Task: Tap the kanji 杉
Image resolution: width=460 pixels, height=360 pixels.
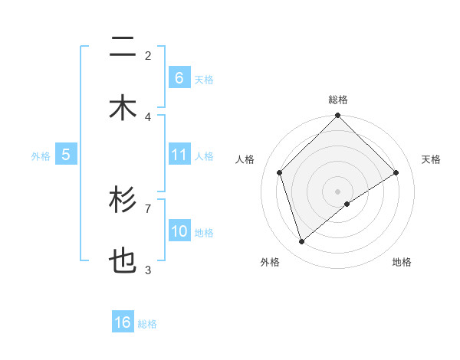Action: (x=123, y=201)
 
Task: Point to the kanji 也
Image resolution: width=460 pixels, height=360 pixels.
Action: (x=123, y=262)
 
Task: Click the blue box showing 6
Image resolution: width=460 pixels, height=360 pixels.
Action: (x=179, y=77)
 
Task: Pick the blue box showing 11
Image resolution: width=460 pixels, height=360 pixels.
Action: (x=179, y=155)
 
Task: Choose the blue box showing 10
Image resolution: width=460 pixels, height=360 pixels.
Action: (x=179, y=231)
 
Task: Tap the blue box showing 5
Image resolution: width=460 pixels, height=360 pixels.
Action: (x=66, y=155)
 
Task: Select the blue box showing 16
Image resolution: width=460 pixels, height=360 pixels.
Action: (x=123, y=322)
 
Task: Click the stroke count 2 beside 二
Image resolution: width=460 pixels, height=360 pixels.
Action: (x=148, y=55)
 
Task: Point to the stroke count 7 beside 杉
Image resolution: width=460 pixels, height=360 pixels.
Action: (x=148, y=208)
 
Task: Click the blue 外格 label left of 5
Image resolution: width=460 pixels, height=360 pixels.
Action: (x=41, y=155)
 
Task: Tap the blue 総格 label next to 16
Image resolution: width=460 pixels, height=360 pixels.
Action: (x=147, y=323)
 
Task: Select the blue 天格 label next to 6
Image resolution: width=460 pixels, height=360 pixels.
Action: (x=204, y=79)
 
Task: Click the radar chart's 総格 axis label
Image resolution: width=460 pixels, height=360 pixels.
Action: (x=338, y=100)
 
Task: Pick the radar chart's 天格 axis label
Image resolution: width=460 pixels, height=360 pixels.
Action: (x=431, y=159)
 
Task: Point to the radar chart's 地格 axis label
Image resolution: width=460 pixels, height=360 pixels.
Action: (x=402, y=262)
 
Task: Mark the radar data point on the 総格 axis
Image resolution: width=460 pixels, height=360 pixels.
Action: (x=338, y=116)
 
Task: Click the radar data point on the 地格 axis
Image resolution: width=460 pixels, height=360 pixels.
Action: (x=347, y=204)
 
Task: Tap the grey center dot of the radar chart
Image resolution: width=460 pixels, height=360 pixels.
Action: (x=338, y=191)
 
